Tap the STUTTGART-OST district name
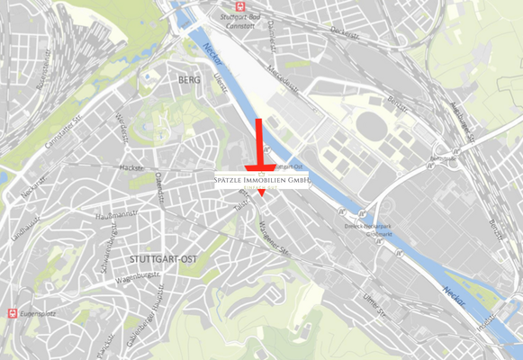163,259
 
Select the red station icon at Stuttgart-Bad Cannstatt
224,4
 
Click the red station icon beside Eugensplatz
13,313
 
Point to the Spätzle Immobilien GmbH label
261,181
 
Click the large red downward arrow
260,148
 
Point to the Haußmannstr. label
114,217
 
